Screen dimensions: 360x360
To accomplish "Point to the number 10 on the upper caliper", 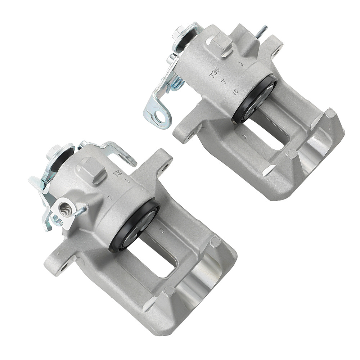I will click(x=235, y=91).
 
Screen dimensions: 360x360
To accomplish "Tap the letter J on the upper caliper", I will click(x=245, y=136).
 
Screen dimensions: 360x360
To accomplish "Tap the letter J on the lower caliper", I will click(x=162, y=230).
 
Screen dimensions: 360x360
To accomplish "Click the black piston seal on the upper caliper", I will click(x=254, y=99).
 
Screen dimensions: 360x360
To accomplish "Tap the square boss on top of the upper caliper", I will click(x=220, y=45).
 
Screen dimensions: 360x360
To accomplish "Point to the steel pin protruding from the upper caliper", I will click(x=261, y=31).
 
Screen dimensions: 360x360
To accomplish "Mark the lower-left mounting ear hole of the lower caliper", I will click(x=64, y=267).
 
